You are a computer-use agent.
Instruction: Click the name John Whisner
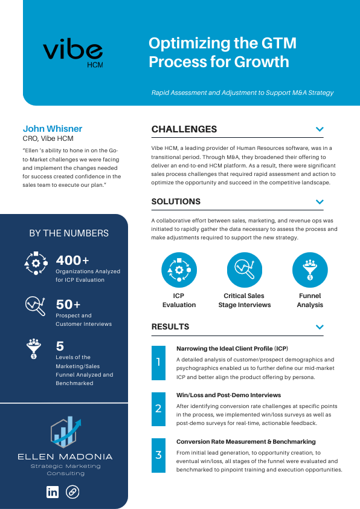pos(53,129)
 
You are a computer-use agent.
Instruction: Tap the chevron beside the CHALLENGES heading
pos(320,129)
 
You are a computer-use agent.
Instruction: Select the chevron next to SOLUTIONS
pos(320,201)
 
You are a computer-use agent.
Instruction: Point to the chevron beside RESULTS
pos(320,327)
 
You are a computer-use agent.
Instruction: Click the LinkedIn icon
pos(53,492)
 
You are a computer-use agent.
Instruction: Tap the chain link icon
pos(72,492)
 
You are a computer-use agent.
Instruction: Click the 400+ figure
pos(72,261)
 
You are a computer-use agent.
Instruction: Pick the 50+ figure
pos(68,304)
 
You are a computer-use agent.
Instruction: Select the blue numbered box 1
pos(158,363)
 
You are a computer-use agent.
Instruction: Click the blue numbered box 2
pos(158,409)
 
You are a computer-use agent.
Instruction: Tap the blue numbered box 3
pos(158,455)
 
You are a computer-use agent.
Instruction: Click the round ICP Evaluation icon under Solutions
pos(179,269)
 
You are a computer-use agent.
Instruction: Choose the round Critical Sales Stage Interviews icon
pos(245,269)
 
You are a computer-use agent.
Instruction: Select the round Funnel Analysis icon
pos(310,269)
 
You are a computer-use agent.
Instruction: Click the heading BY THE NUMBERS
pos(69,233)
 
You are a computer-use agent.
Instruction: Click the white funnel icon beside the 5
pos(34,349)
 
